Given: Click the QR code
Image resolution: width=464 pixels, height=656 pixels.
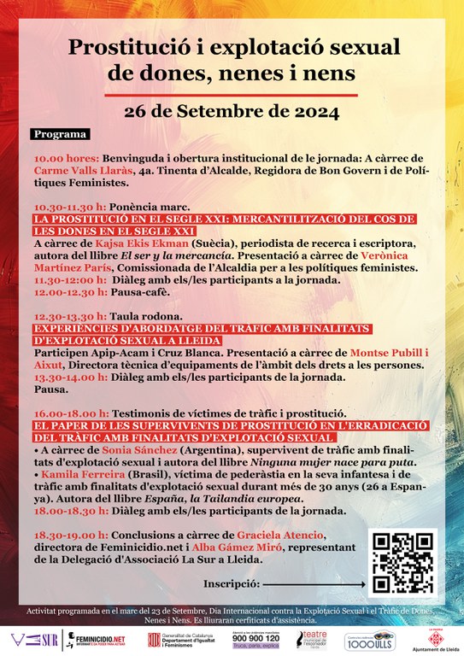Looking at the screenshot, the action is point(402,562).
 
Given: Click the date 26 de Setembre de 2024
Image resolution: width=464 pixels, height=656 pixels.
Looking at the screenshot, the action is point(232,110).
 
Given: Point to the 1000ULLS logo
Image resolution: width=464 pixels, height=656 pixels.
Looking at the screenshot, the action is point(368,639).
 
